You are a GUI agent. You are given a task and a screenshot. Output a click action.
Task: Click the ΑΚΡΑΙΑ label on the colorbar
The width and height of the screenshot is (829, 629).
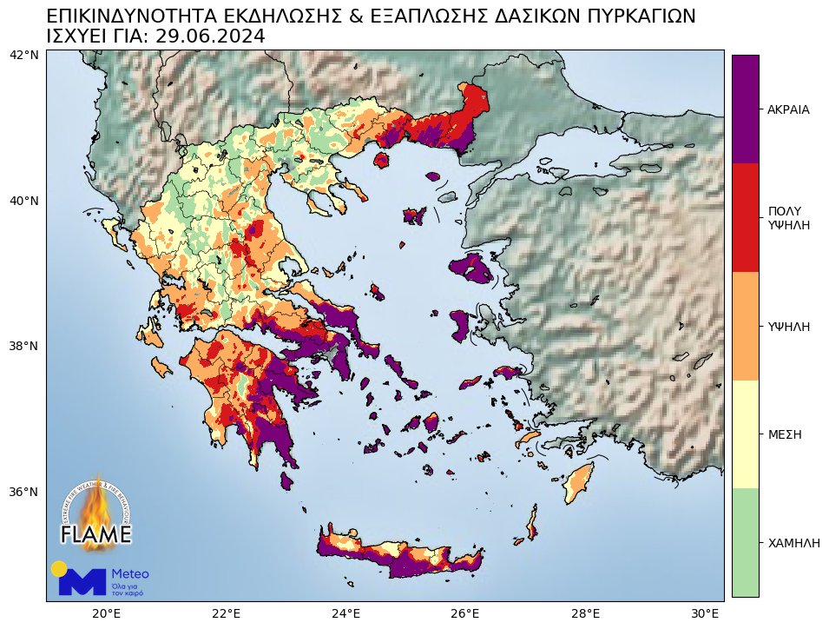[788, 110]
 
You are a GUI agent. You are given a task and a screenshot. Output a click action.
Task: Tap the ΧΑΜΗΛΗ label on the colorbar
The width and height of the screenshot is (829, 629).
[793, 542]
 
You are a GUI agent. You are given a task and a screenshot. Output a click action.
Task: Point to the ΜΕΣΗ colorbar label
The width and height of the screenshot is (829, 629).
[784, 434]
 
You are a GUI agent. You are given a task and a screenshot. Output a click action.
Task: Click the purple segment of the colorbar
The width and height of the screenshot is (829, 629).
[745, 109]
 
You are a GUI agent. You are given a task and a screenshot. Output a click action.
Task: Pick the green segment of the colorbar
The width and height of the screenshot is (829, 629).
[745, 542]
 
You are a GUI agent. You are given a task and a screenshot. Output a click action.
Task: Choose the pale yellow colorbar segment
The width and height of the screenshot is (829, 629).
[745, 434]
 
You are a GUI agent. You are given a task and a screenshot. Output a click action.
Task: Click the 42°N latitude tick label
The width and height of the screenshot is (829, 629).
[23, 55]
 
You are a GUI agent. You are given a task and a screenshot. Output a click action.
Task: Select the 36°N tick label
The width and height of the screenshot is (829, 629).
[23, 492]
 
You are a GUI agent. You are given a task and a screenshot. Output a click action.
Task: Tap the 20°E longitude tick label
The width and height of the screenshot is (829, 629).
[106, 614]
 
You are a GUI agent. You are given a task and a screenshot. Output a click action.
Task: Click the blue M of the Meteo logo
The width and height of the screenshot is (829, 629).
[82, 583]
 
